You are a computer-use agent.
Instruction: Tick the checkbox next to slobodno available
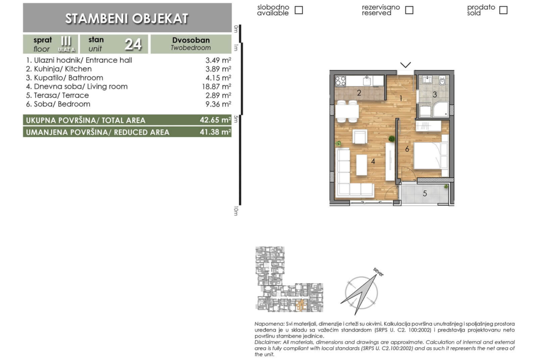[299, 10]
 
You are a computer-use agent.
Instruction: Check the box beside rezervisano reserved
[409, 10]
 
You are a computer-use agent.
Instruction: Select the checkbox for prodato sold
[503, 10]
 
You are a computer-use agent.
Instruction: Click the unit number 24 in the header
[133, 44]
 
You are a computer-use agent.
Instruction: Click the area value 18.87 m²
[216, 87]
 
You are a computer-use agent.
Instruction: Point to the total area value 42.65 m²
[215, 120]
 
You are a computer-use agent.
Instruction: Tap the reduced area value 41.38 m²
[215, 132]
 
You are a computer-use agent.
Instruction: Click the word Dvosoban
[191, 40]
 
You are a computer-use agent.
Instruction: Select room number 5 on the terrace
[425, 194]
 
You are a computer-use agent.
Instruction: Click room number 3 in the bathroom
[435, 94]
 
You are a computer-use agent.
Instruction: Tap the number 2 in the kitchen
[359, 93]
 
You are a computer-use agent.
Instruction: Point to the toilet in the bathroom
[442, 81]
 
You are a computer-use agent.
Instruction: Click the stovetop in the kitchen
[341, 81]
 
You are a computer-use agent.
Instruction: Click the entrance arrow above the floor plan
[405, 65]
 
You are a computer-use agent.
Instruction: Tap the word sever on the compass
[379, 271]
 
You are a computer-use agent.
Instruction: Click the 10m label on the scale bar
[235, 211]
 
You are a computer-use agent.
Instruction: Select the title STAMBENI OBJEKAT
[127, 18]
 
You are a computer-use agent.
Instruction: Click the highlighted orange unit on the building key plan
[301, 305]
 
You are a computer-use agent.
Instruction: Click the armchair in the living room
[359, 137]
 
